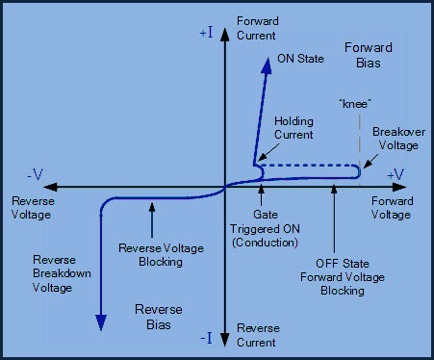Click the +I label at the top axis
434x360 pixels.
[208, 32]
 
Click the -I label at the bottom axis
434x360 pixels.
[207, 338]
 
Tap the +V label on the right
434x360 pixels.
[395, 173]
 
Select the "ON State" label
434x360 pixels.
[299, 57]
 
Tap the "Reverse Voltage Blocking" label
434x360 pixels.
[161, 254]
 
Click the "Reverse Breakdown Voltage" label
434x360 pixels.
[62, 273]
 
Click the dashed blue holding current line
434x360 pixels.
[308, 166]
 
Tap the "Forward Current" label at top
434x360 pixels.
[256, 29]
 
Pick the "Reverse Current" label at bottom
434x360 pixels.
[257, 335]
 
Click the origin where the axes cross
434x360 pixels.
[224, 187]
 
